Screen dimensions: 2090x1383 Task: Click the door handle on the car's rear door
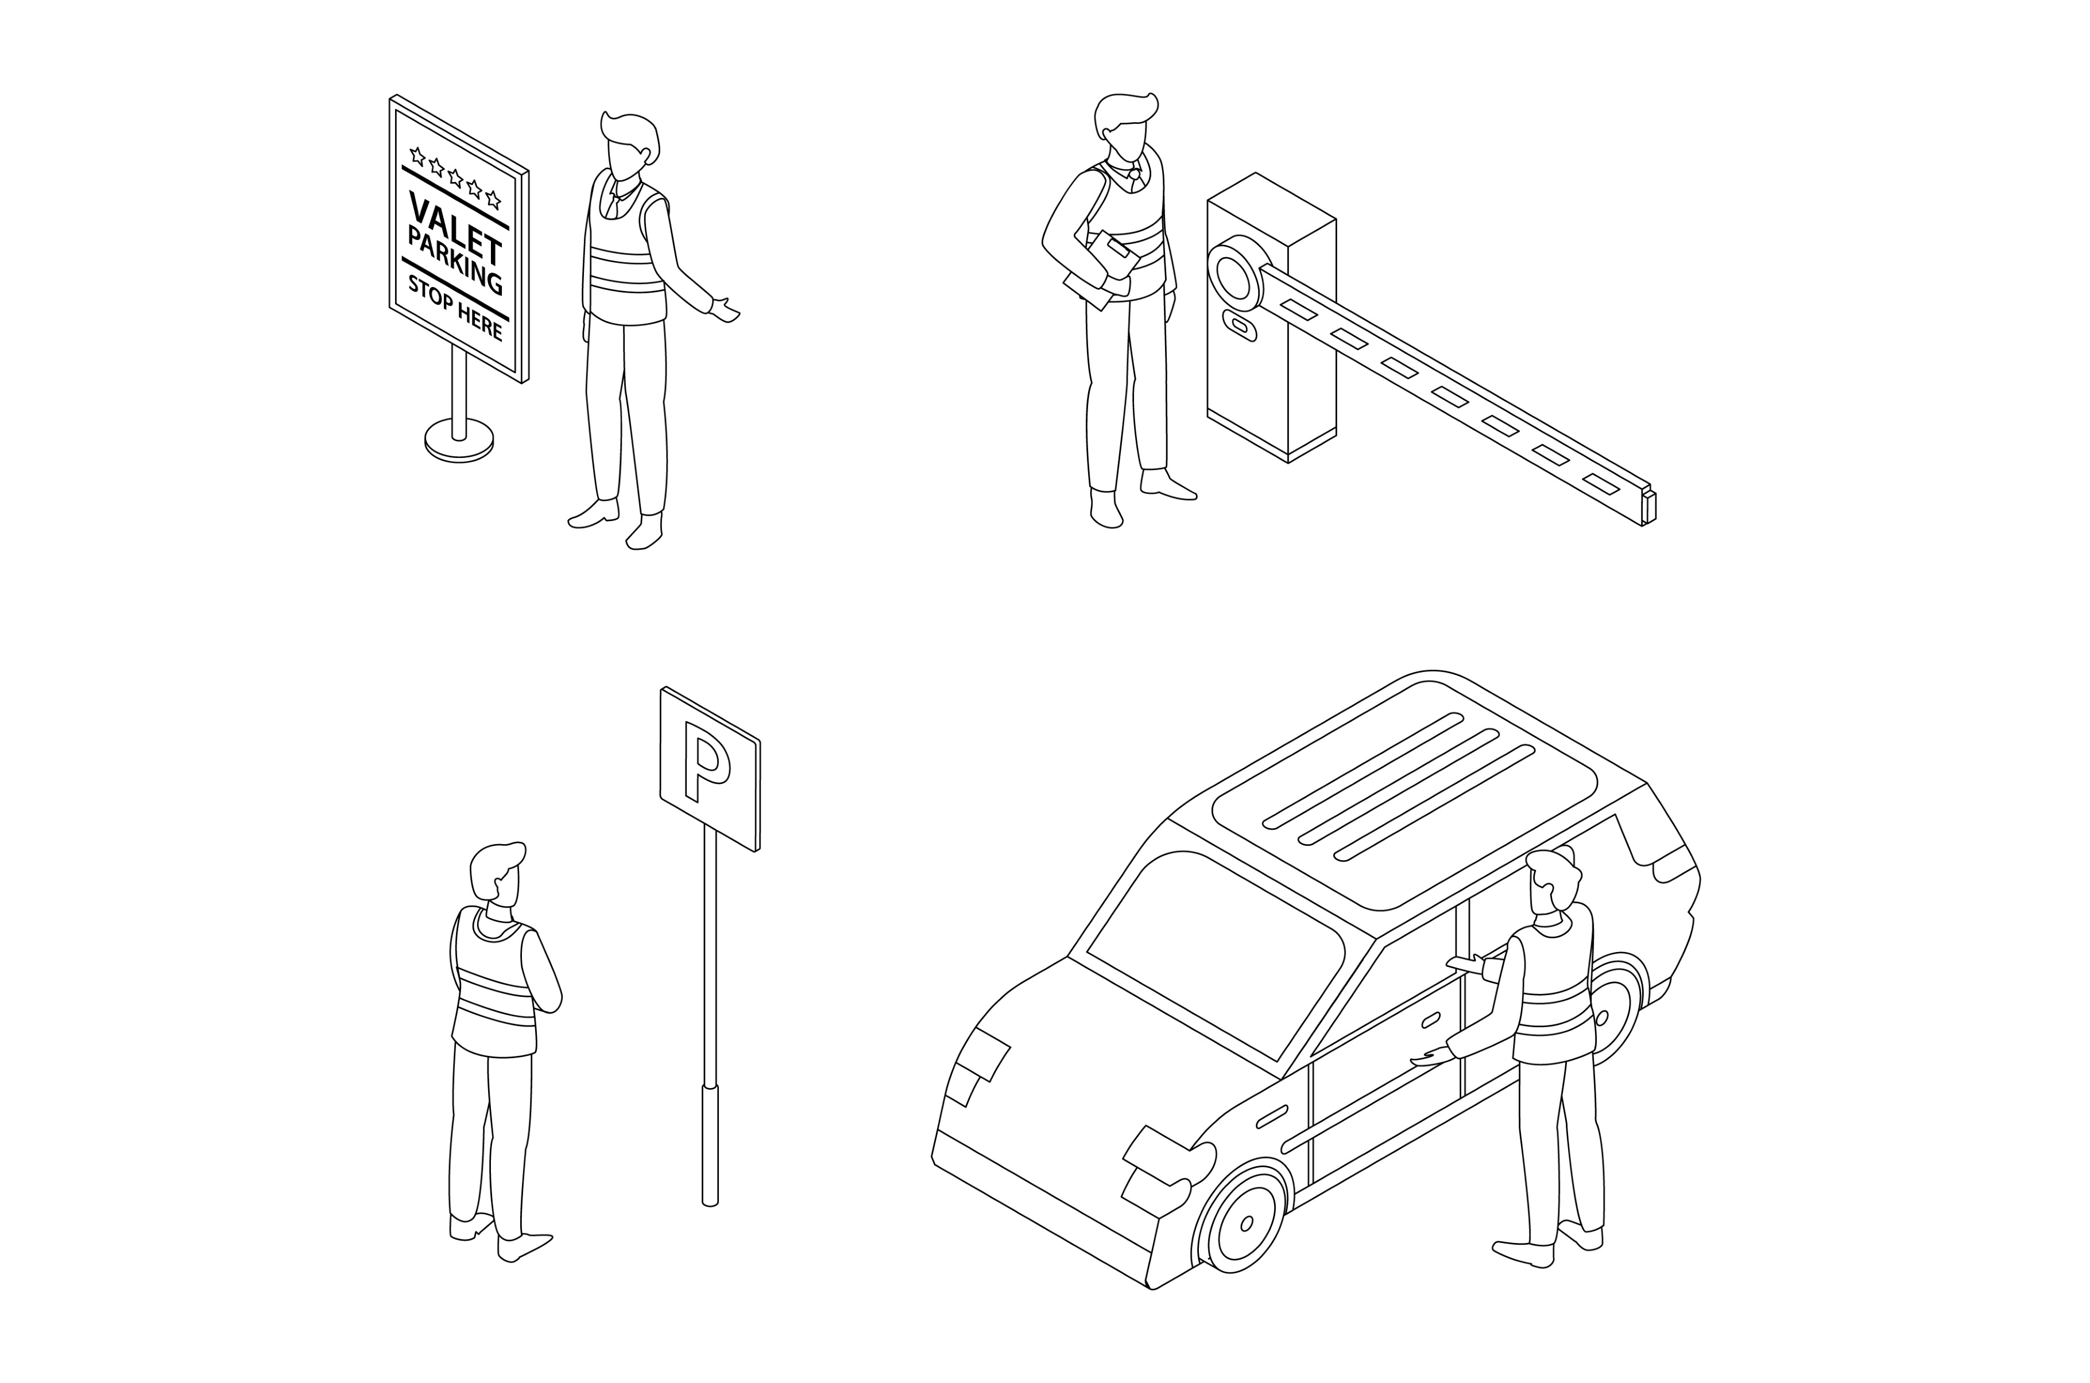[1431, 1020]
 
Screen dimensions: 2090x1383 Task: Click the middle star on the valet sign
[455, 177]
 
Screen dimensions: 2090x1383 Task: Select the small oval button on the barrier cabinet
[1240, 327]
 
